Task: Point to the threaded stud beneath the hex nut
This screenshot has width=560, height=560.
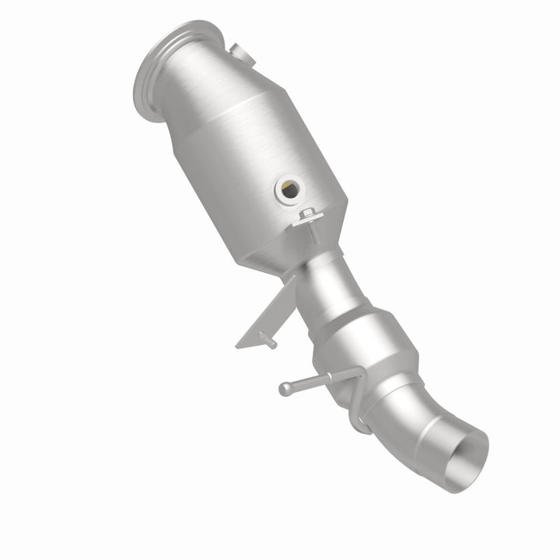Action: coord(313,232)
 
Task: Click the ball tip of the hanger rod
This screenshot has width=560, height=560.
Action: coord(285,387)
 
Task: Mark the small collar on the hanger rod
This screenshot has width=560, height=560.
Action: coord(328,378)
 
